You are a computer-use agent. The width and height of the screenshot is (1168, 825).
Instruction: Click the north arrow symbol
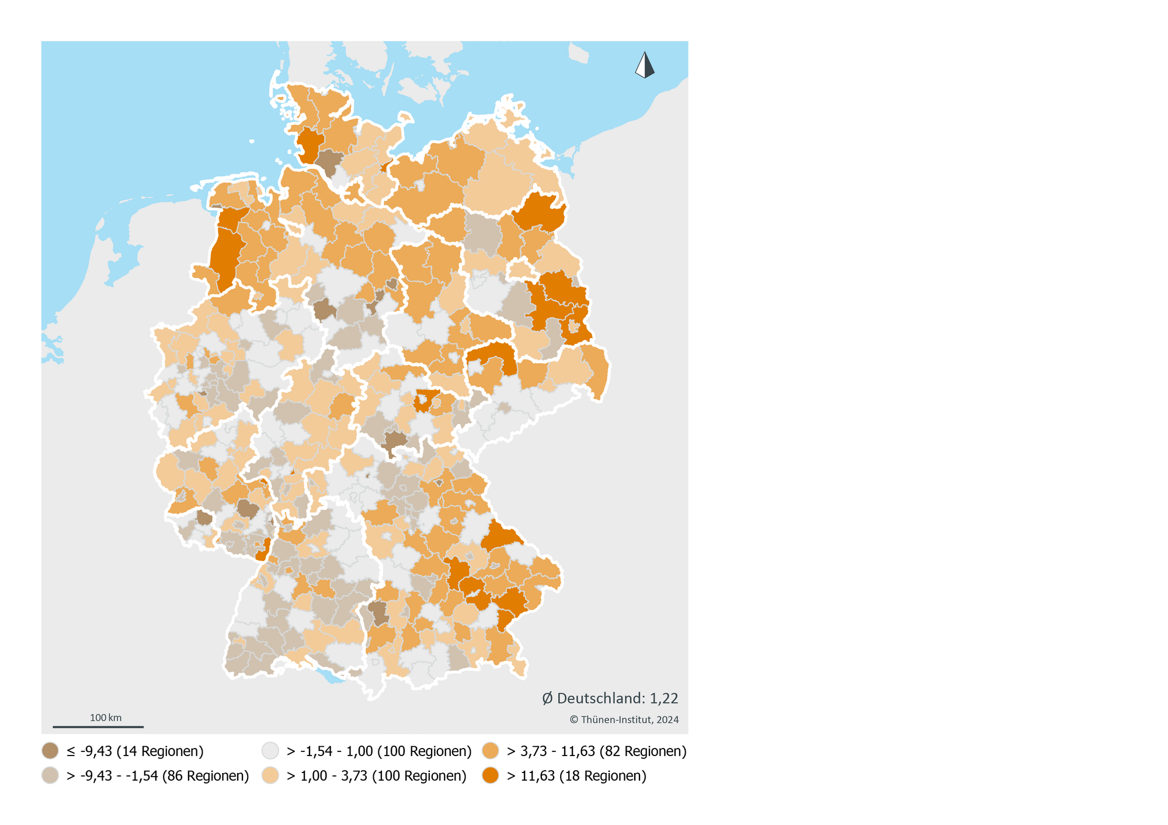[645, 65]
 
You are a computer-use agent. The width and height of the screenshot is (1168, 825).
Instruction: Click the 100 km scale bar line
[98, 727]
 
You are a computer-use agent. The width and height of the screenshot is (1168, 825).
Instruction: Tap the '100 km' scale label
[106, 718]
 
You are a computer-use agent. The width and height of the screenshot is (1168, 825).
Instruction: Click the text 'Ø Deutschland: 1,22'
[610, 698]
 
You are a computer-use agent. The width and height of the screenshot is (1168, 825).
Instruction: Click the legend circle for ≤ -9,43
[50, 751]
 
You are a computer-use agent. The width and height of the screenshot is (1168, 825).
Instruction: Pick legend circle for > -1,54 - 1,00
[270, 751]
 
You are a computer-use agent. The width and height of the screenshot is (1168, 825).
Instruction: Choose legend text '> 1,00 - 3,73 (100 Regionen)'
[376, 776]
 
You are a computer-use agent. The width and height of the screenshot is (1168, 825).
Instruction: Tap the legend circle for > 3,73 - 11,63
[491, 751]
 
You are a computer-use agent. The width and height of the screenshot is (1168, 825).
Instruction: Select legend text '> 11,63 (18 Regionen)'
[576, 776]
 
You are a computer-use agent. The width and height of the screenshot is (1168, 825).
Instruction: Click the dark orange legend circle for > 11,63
[491, 776]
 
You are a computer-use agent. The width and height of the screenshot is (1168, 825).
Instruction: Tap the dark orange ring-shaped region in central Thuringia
[426, 402]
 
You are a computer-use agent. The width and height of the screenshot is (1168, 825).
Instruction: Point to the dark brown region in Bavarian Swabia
[378, 613]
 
